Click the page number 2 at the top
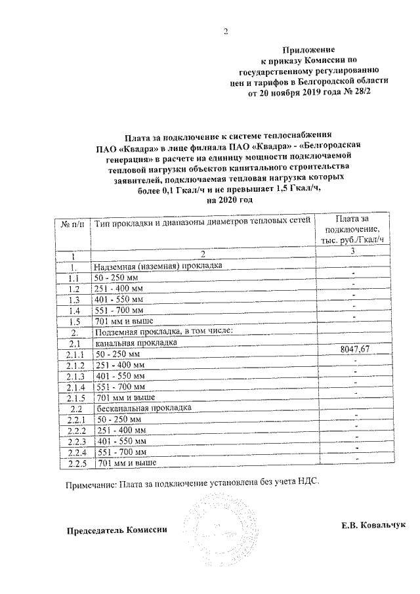coord(225,31)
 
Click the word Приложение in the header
coord(308,50)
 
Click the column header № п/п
coord(72,224)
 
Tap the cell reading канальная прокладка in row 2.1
coord(135,343)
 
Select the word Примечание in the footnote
coord(89,484)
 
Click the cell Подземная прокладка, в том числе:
coord(163,332)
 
